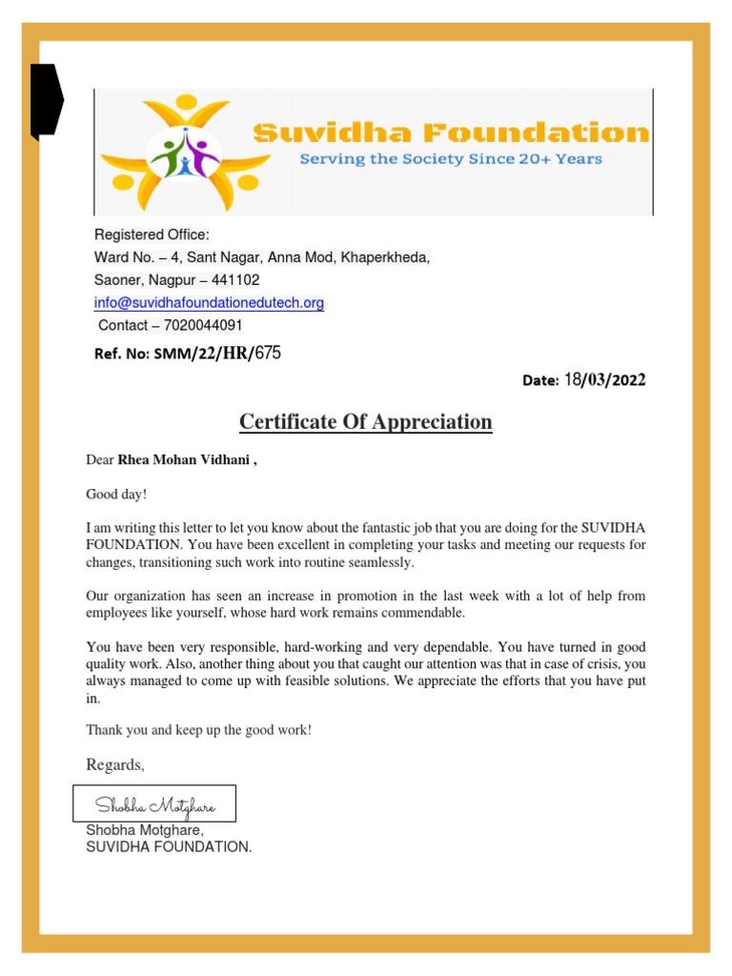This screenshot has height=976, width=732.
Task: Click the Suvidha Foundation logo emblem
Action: point(185,152)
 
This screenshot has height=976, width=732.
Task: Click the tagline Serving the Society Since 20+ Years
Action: point(451,158)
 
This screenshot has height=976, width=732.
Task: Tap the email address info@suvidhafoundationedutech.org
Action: point(209,303)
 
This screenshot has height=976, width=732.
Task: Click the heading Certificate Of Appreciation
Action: point(365,421)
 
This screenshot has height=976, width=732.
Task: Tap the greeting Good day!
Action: point(117,494)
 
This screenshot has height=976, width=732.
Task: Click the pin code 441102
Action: point(236,280)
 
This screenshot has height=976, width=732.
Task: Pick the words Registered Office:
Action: point(152,235)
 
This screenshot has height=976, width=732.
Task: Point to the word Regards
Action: point(114,764)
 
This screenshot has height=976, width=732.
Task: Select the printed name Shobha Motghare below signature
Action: point(145,831)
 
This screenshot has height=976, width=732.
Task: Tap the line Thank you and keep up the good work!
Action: point(199,730)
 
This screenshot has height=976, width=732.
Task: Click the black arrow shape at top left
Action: point(46,100)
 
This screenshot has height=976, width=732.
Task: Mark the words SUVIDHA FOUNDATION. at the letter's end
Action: point(169,846)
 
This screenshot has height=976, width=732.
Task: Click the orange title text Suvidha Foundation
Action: point(450,132)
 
